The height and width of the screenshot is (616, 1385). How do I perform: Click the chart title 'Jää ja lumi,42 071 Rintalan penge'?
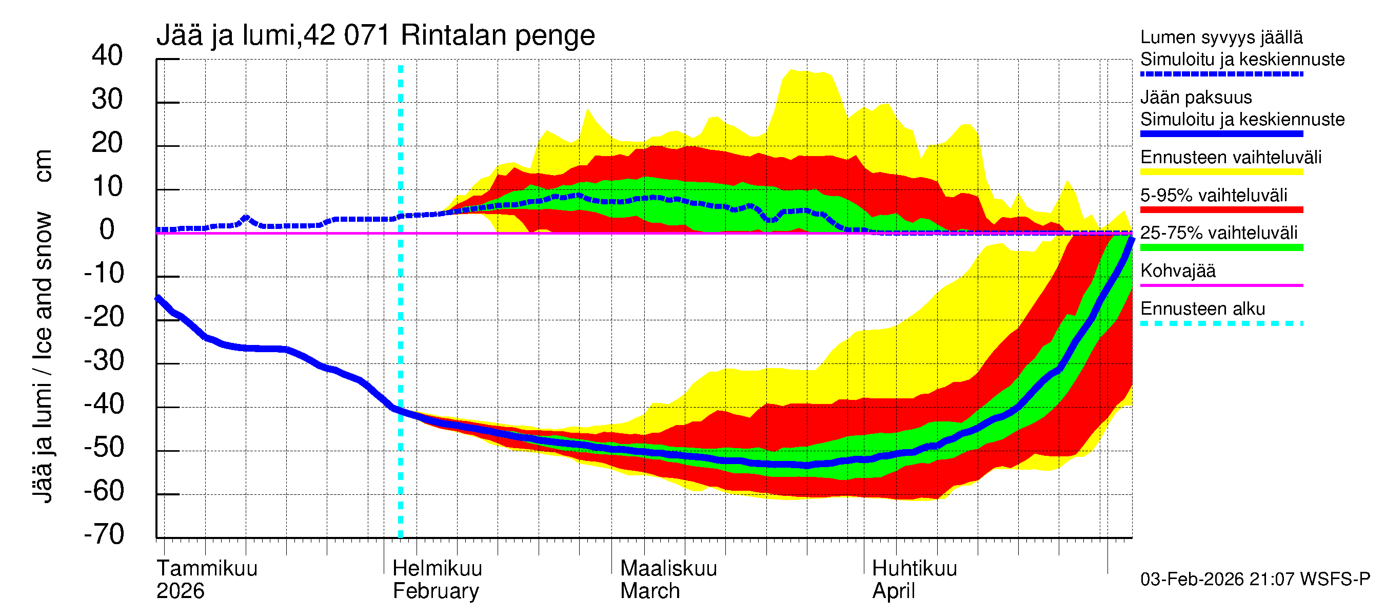tap(375, 36)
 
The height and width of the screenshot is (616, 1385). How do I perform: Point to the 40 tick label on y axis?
tap(107, 56)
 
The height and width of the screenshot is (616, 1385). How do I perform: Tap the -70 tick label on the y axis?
tap(104, 534)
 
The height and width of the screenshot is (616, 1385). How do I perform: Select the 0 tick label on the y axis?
tap(107, 230)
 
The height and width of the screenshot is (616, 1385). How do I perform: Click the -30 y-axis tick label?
tap(104, 360)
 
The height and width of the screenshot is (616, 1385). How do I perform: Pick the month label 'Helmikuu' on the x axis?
tap(437, 568)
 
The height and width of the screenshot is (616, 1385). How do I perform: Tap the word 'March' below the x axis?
tap(649, 591)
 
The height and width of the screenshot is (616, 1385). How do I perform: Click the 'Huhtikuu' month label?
tap(914, 568)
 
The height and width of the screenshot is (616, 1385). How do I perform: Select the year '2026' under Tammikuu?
tap(180, 591)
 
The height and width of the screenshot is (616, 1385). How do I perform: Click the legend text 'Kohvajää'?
tap(1177, 271)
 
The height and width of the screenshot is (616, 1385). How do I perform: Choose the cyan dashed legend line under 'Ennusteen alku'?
tap(1221, 323)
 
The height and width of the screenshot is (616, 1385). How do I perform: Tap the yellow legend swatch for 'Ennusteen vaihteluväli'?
tap(1221, 172)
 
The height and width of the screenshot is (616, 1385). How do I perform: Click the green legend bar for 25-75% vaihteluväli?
tap(1221, 247)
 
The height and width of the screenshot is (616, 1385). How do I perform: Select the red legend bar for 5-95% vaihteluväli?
tap(1221, 210)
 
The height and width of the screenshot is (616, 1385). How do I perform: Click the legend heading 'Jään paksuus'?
tap(1196, 98)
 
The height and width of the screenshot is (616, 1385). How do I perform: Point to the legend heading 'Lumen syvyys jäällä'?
tap(1221, 37)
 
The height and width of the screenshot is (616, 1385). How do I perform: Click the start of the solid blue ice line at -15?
tap(158, 298)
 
